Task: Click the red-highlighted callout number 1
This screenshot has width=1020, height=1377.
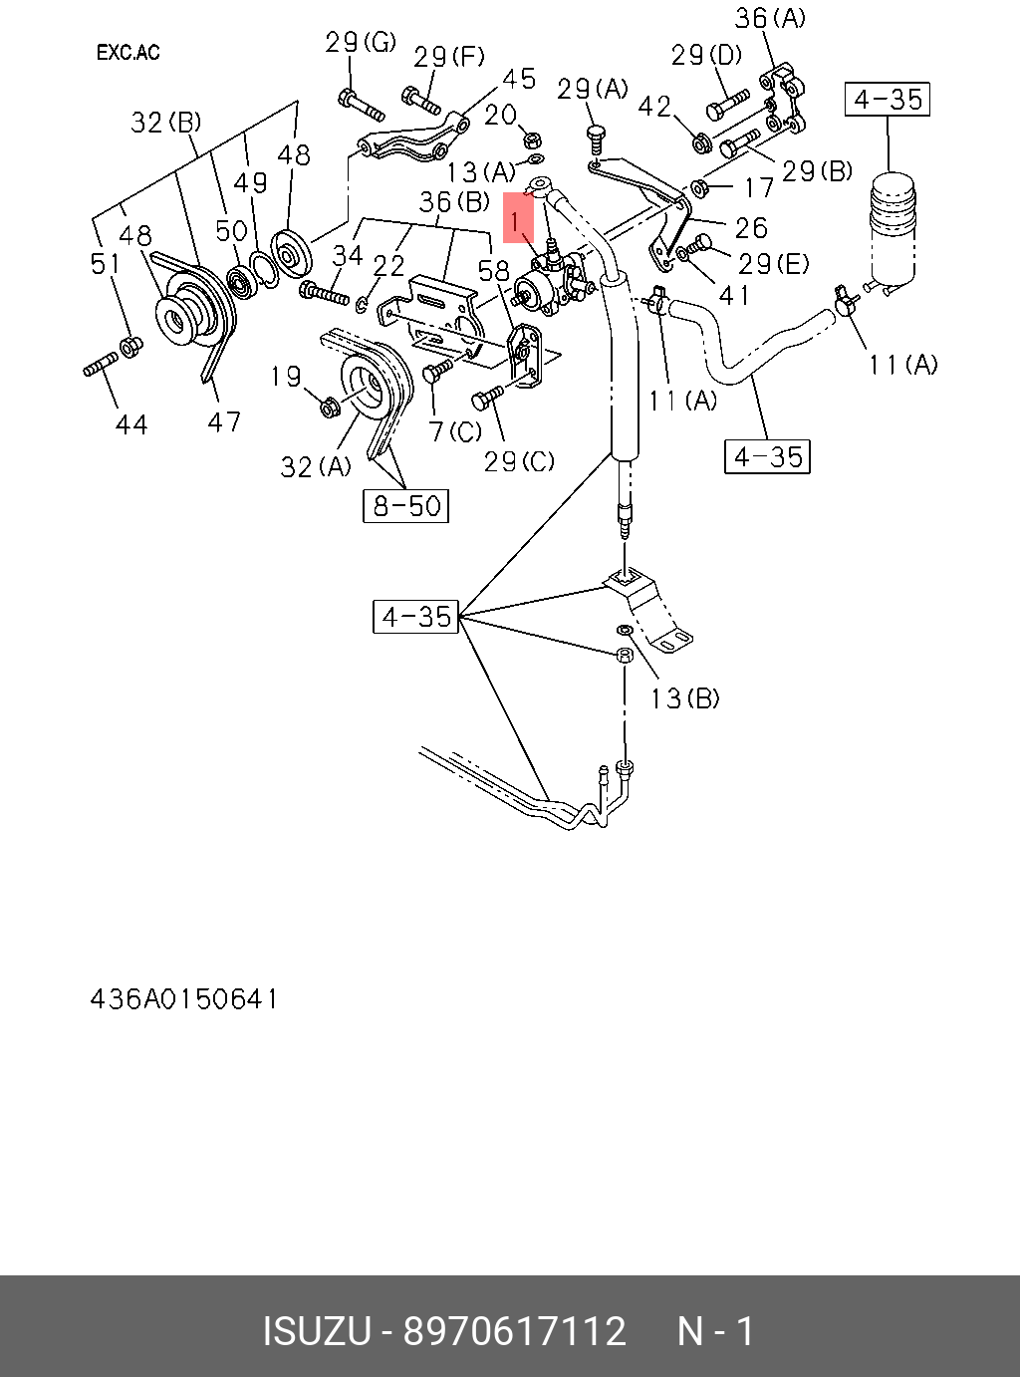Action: tap(517, 219)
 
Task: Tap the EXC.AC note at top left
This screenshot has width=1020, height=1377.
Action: tap(127, 53)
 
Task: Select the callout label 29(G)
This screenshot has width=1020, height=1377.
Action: tap(361, 42)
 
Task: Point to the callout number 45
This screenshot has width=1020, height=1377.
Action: tap(518, 79)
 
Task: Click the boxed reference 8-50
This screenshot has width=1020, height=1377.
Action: tap(405, 506)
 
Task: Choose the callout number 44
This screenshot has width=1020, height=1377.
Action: tap(131, 425)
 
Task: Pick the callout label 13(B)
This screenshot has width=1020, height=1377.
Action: tap(684, 698)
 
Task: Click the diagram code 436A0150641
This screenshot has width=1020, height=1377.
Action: tap(184, 998)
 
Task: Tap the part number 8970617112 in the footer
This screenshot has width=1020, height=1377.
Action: tap(514, 1331)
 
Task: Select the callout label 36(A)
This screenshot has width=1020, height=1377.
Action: tap(770, 18)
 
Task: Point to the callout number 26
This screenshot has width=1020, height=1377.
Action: tap(751, 228)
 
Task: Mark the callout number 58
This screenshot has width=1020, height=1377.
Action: tap(494, 271)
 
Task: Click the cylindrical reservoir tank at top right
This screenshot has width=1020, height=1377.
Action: tap(891, 229)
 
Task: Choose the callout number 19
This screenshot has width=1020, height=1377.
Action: tap(286, 377)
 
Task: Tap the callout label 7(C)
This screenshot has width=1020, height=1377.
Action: tap(454, 431)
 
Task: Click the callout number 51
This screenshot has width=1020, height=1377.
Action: tap(106, 264)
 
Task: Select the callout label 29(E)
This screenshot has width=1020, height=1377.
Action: tap(774, 264)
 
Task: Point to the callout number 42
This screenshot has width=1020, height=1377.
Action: tap(654, 106)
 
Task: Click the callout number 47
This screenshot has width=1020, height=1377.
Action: tap(224, 422)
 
